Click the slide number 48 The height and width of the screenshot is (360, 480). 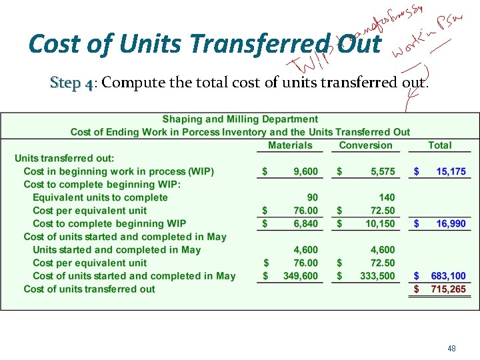(451, 348)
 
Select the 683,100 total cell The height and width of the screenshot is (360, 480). (448, 276)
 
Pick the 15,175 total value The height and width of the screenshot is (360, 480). (451, 172)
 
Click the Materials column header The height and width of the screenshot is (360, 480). (290, 145)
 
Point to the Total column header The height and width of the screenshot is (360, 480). (440, 145)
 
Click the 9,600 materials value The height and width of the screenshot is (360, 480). (305, 172)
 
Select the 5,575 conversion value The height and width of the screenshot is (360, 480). (383, 172)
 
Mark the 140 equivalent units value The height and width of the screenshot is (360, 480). (387, 197)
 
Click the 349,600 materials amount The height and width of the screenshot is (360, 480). (299, 276)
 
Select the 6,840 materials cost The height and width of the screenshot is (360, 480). (305, 224)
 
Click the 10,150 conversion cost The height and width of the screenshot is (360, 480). (380, 224)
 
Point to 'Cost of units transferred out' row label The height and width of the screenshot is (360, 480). (89, 289)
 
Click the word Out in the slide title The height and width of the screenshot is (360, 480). (359, 45)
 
